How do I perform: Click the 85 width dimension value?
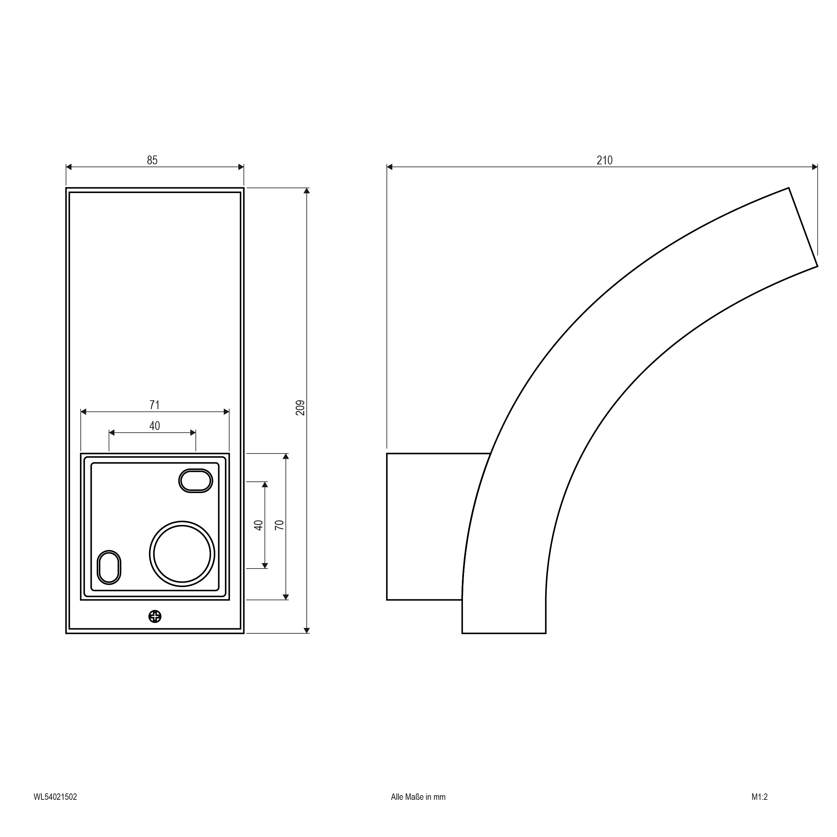pos(152,160)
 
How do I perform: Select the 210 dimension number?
pos(604,160)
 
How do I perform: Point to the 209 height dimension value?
pos(300,408)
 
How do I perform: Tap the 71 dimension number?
pos(154,405)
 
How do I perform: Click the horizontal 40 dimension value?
pos(154,426)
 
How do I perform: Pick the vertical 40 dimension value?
pos(259,525)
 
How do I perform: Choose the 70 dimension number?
pos(279,525)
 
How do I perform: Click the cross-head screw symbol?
pos(155,616)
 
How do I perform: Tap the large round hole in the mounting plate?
pos(182,554)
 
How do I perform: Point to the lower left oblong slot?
pos(109,567)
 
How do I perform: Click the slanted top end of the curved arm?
pos(803,227)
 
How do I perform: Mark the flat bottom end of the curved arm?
pos(503,633)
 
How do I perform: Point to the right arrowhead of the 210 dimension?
pos(814,167)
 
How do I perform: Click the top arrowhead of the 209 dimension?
pos(307,191)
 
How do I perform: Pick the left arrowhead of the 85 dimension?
pos(69,167)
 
